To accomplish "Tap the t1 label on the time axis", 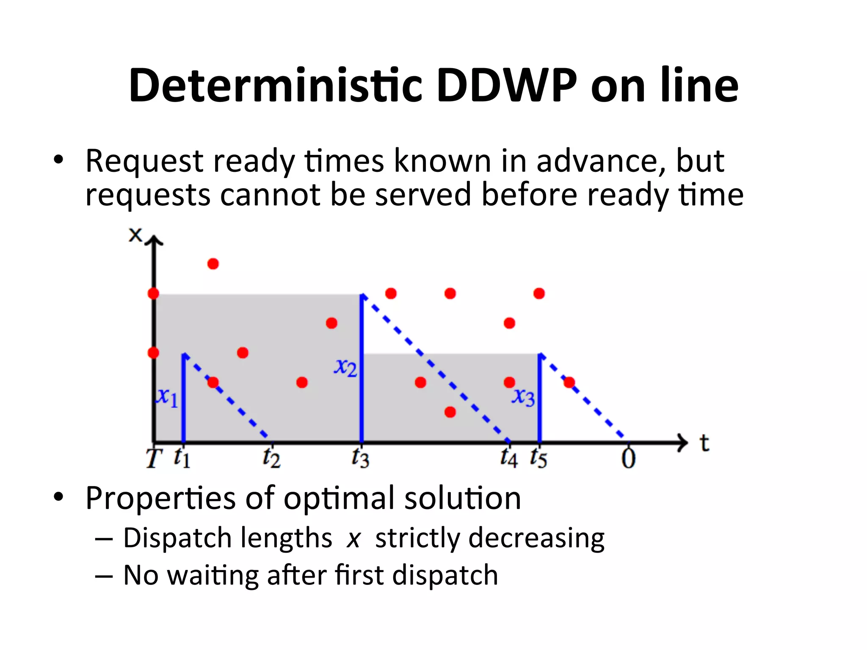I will tap(182, 458).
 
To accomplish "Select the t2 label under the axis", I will tap(271, 458).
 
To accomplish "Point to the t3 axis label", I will tap(361, 458).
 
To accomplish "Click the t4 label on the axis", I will tap(509, 458).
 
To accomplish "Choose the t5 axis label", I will tap(539, 458).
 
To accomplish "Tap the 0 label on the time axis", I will tap(629, 459).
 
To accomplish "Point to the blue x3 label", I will tap(524, 397).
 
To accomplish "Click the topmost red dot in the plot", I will tap(213, 264).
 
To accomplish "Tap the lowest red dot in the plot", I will tap(450, 412).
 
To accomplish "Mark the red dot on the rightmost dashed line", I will tap(569, 383).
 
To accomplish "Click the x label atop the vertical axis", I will tap(135, 235).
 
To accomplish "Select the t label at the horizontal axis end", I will tap(704, 443).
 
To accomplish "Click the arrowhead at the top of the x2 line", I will tap(363, 297).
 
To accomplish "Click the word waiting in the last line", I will tap(213, 576).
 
